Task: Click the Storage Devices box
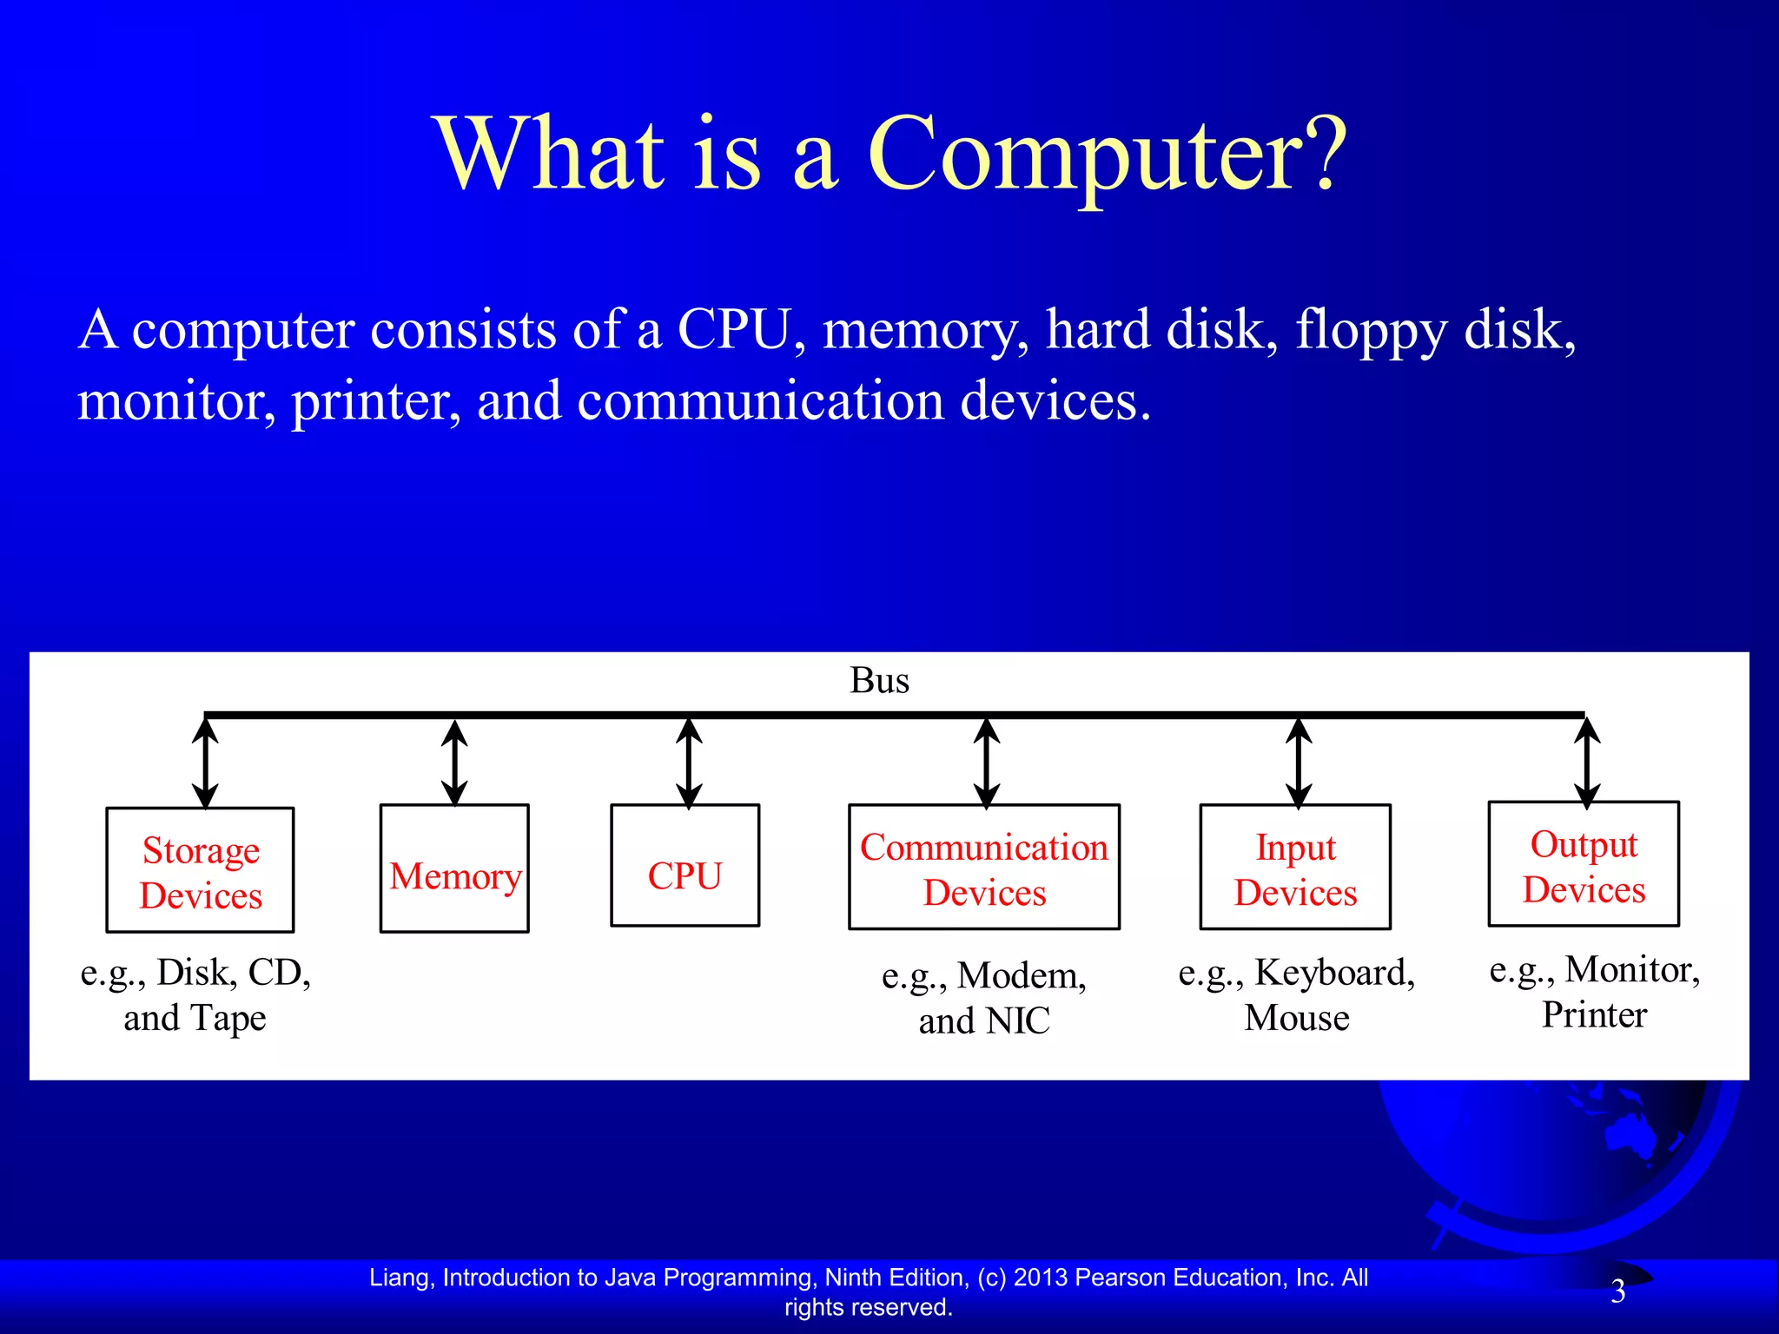tap(200, 870)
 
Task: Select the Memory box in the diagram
tap(454, 868)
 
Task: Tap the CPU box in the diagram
tap(684, 866)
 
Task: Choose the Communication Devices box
tap(984, 868)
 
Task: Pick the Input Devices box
tap(1295, 868)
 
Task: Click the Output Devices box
tap(1584, 864)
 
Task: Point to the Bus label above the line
tap(879, 680)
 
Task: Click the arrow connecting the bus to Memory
tap(454, 763)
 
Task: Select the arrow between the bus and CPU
tap(689, 763)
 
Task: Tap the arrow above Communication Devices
tap(986, 763)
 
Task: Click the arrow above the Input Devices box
tap(1298, 763)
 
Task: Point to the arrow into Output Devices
tap(1587, 763)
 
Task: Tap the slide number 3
tap(1617, 1291)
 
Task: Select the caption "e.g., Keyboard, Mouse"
tap(1296, 995)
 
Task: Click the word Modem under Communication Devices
tap(1021, 976)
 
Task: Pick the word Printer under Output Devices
tap(1594, 1015)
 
